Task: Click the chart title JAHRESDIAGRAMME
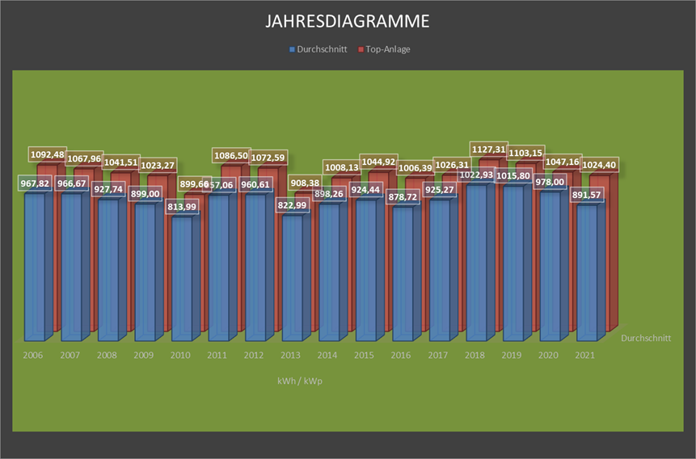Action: [x=348, y=21]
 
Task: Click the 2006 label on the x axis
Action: [x=33, y=355]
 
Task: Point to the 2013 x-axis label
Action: [x=291, y=355]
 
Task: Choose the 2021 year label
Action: [x=586, y=355]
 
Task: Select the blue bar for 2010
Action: [x=181, y=279]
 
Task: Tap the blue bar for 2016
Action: [x=403, y=275]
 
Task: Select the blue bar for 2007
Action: [x=70, y=267]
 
